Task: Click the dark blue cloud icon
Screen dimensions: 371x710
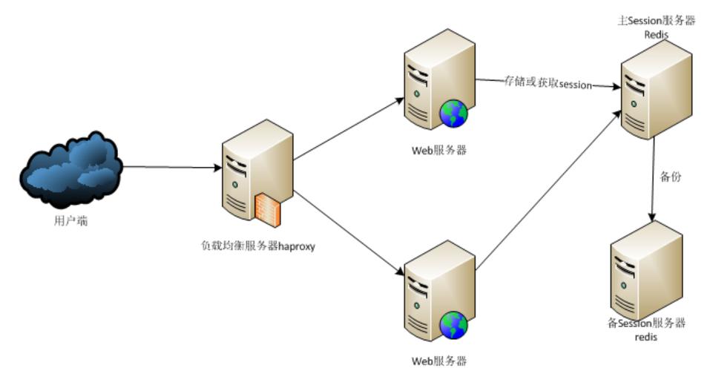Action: (71, 169)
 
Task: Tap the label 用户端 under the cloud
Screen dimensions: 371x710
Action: (70, 220)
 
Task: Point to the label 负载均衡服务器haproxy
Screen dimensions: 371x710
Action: (258, 246)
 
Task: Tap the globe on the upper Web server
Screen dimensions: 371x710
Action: (453, 114)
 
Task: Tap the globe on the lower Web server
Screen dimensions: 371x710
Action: (453, 325)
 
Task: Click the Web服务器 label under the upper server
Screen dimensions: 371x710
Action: (439, 150)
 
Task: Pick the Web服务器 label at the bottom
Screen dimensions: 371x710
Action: (439, 361)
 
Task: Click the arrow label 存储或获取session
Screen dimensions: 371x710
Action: (548, 84)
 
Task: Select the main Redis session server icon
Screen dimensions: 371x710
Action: (656, 93)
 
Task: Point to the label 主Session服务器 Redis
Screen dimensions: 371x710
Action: (657, 27)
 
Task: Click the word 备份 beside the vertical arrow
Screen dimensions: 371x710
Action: (670, 177)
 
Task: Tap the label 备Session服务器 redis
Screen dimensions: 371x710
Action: (645, 329)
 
